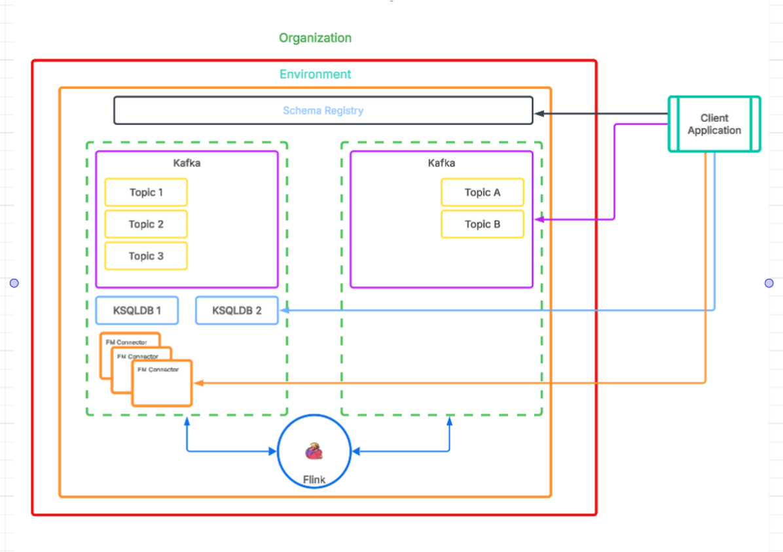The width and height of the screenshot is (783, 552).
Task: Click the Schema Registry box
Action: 323,111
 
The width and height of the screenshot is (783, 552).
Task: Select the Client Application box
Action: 714,124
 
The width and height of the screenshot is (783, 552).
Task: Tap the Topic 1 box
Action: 146,193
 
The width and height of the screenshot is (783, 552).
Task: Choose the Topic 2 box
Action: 146,224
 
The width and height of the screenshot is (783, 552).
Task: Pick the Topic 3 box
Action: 146,256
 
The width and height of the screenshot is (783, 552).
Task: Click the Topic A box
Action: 483,193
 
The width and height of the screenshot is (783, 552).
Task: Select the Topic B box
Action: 483,224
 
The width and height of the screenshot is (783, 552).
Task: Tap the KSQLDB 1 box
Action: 137,310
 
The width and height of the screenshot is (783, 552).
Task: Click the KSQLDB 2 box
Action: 236,310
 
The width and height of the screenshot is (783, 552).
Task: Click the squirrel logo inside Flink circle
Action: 314,451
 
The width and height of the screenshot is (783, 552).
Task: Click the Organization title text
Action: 315,38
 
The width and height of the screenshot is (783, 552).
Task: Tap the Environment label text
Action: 315,75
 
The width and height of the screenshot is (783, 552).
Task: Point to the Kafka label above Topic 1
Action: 187,163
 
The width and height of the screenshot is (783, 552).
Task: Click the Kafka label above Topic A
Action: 441,163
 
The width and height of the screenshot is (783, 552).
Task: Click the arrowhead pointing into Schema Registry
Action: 539,114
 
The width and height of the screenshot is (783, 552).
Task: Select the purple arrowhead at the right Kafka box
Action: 539,219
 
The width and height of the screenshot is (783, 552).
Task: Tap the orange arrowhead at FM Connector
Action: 198,382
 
